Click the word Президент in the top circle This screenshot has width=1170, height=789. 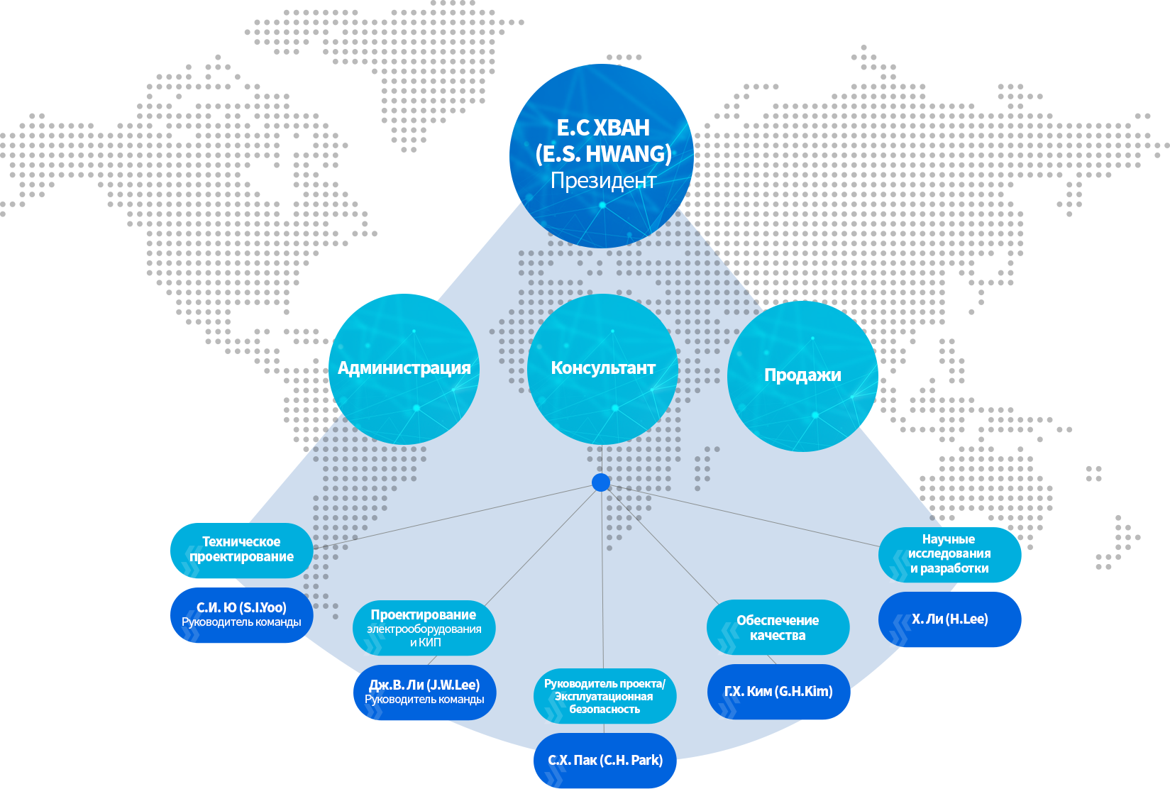click(603, 181)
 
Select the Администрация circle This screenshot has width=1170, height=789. click(404, 369)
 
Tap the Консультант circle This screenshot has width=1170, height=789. click(603, 369)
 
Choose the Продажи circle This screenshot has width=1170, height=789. click(802, 376)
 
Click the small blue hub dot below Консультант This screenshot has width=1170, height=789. click(601, 482)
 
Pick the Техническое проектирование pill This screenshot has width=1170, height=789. click(241, 550)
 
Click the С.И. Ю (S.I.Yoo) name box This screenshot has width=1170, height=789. click(241, 614)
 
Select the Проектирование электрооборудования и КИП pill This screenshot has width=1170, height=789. click(424, 628)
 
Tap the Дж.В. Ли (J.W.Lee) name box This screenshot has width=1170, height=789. click(424, 692)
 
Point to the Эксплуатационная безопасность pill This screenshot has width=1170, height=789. click(605, 696)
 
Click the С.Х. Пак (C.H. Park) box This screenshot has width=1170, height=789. click(605, 761)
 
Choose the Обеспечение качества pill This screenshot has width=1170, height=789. click(778, 627)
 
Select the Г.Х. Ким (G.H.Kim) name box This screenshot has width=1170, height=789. click(778, 691)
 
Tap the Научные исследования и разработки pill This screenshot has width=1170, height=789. click(949, 555)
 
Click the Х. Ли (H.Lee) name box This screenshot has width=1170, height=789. click(949, 619)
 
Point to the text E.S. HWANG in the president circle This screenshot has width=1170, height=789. click(603, 154)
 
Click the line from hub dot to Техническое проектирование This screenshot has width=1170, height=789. click(453, 517)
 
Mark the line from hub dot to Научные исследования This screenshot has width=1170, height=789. click(744, 516)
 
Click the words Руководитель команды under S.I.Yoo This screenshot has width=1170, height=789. click(241, 622)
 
